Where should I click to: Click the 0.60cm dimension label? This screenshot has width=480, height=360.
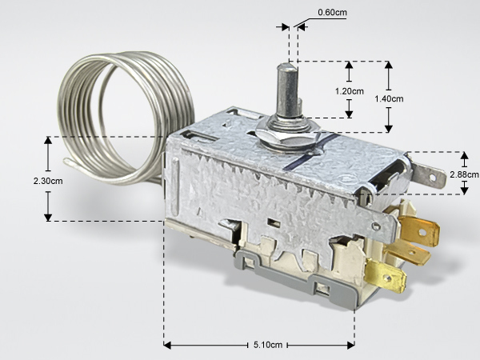point(332,13)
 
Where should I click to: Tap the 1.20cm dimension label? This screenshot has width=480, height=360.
point(350,91)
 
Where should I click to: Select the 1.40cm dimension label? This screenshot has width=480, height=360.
point(389,99)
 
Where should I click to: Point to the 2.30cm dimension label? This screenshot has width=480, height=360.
point(48,181)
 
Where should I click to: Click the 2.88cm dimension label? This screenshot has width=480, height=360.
point(464,174)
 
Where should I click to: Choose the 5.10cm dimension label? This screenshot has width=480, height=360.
point(268,345)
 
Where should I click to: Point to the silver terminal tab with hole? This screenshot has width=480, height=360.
point(429,175)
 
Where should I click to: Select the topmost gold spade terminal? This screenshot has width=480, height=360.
point(419,230)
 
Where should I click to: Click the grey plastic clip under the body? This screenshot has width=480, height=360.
point(294,275)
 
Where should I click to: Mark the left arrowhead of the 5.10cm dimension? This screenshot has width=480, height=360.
point(167,346)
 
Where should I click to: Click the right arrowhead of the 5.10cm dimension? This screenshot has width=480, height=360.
point(351,346)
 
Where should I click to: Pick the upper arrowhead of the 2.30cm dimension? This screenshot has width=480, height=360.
point(48,140)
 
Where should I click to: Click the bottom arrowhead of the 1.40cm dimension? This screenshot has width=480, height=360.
point(389,129)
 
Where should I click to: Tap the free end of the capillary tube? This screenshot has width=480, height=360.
point(66,161)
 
